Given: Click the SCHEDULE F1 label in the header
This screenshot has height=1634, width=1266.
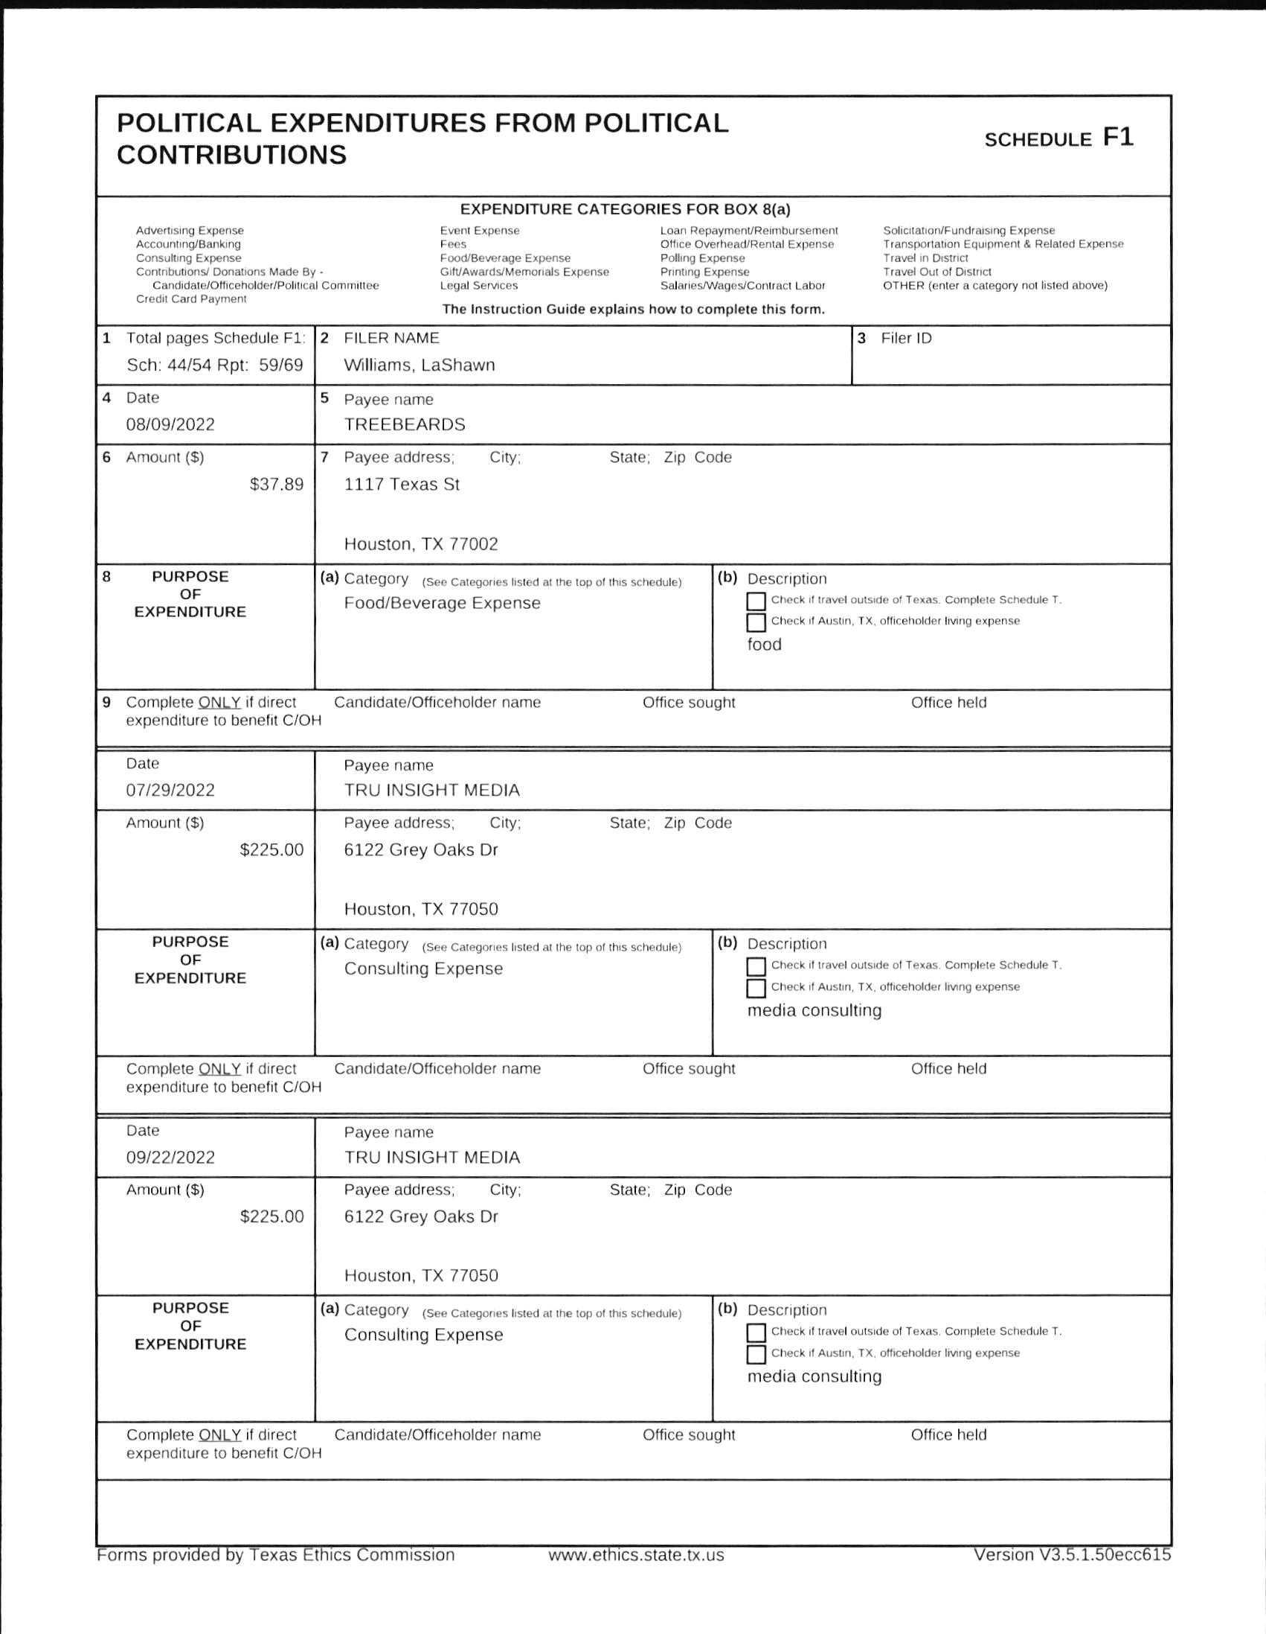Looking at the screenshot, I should [1058, 138].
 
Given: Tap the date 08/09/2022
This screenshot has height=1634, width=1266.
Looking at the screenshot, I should [170, 424].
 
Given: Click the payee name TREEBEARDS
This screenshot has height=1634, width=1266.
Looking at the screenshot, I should [404, 424].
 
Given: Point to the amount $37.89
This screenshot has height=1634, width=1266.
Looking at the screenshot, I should [276, 484].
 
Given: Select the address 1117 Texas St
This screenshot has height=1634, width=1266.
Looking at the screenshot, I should [402, 484].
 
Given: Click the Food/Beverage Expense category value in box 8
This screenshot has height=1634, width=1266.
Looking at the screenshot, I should [442, 603].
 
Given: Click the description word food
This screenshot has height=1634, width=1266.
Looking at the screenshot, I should [764, 644].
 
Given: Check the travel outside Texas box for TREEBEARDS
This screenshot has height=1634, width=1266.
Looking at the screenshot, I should [756, 601].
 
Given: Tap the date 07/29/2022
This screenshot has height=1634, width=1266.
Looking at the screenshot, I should [170, 790].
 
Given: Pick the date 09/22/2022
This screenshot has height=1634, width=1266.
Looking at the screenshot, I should [170, 1158].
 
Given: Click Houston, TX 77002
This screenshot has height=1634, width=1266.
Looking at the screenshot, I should [420, 544].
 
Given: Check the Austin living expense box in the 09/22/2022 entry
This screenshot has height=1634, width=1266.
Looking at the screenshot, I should [756, 1354].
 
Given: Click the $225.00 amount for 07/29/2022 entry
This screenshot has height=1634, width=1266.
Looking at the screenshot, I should [271, 850].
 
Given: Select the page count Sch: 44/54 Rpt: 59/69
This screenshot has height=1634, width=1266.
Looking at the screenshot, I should [215, 365].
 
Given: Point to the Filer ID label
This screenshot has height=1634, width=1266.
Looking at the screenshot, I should [905, 338].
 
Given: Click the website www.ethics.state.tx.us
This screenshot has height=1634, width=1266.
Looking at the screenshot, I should [636, 1555].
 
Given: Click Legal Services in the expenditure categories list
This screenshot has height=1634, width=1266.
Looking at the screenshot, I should [478, 286].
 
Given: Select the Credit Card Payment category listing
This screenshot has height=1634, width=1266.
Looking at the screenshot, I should [190, 299].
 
